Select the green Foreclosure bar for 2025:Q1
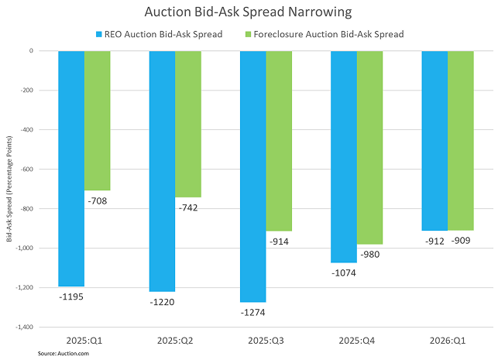coord(98,121)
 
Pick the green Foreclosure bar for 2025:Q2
coord(188,124)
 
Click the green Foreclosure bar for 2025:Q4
coord(369,147)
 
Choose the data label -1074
coord(344,273)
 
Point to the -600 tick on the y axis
coord(37,170)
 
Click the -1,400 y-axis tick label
coord(35,327)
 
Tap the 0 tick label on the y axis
coord(42,51)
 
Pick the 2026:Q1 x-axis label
coord(447,340)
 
